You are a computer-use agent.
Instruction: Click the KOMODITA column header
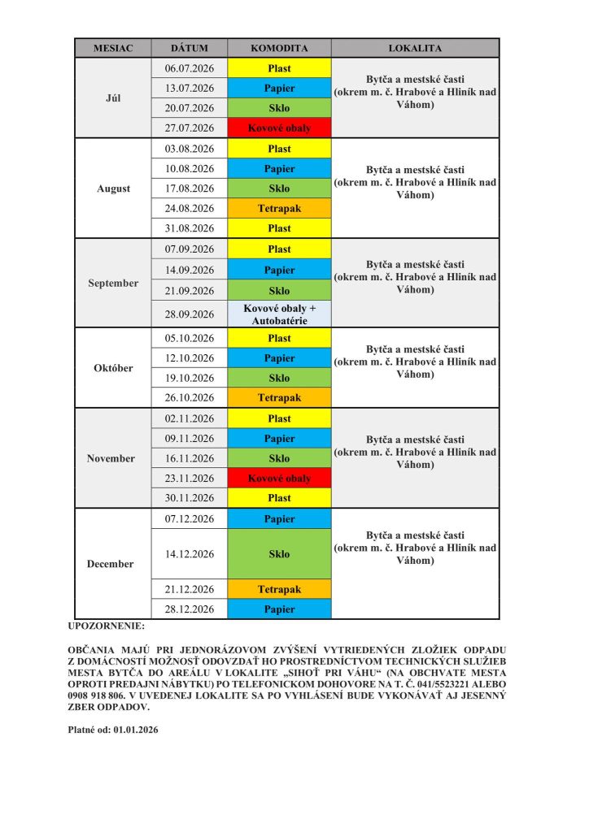click(279, 48)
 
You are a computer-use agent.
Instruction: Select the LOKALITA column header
click(415, 48)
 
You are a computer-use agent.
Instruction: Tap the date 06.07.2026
click(189, 68)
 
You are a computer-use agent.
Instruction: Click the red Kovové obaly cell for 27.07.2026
click(279, 128)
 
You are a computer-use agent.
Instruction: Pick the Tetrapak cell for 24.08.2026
click(279, 209)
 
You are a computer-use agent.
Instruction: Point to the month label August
click(113, 188)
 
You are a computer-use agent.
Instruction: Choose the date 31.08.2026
click(189, 228)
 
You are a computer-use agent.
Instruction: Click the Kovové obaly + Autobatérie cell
click(279, 314)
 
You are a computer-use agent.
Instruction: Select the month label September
click(113, 284)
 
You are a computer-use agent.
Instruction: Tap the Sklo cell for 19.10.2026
click(279, 378)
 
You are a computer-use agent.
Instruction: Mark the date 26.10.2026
click(189, 397)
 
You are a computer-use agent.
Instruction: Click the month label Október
click(113, 368)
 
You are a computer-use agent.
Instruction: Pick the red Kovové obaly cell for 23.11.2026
click(279, 479)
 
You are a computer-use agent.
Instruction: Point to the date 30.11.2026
click(189, 498)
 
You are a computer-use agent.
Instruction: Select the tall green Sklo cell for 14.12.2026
click(279, 554)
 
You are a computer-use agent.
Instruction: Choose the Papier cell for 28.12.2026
click(279, 609)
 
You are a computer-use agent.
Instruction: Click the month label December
click(111, 564)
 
